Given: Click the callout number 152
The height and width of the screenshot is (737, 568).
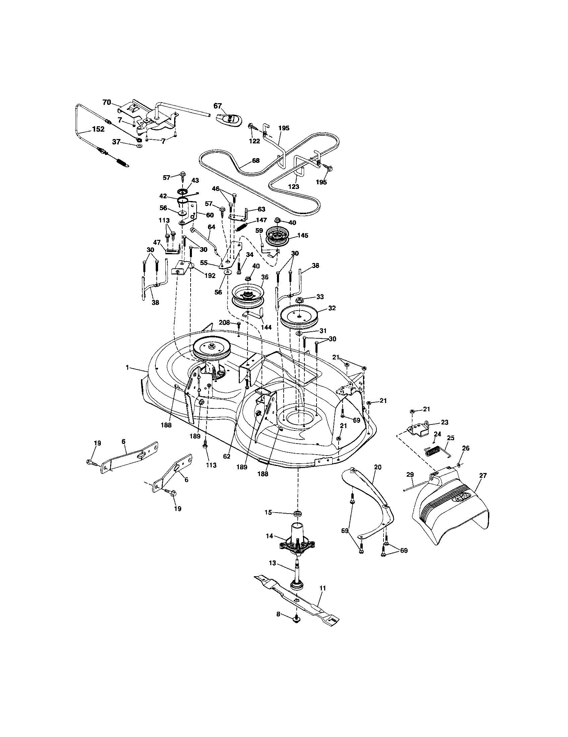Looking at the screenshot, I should [x=98, y=129].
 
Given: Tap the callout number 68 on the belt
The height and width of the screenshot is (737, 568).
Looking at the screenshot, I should [x=256, y=160].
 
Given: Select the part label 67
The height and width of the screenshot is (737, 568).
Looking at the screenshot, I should [x=218, y=106].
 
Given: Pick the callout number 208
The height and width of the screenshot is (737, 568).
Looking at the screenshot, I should [x=224, y=323].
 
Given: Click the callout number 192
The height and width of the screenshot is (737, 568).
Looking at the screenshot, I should [x=210, y=276].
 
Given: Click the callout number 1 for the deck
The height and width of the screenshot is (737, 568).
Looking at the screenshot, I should [x=127, y=367].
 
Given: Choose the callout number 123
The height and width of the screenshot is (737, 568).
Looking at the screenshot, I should [x=293, y=186].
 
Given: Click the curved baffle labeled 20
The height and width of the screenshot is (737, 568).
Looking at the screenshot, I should [x=371, y=496].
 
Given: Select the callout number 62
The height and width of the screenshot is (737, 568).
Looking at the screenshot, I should [x=227, y=456].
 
